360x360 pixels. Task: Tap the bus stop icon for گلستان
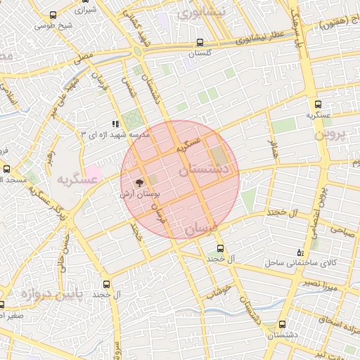201,41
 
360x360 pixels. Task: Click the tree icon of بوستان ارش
138,181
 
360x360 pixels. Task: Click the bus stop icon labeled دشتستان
283,324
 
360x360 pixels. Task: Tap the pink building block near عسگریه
93,172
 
